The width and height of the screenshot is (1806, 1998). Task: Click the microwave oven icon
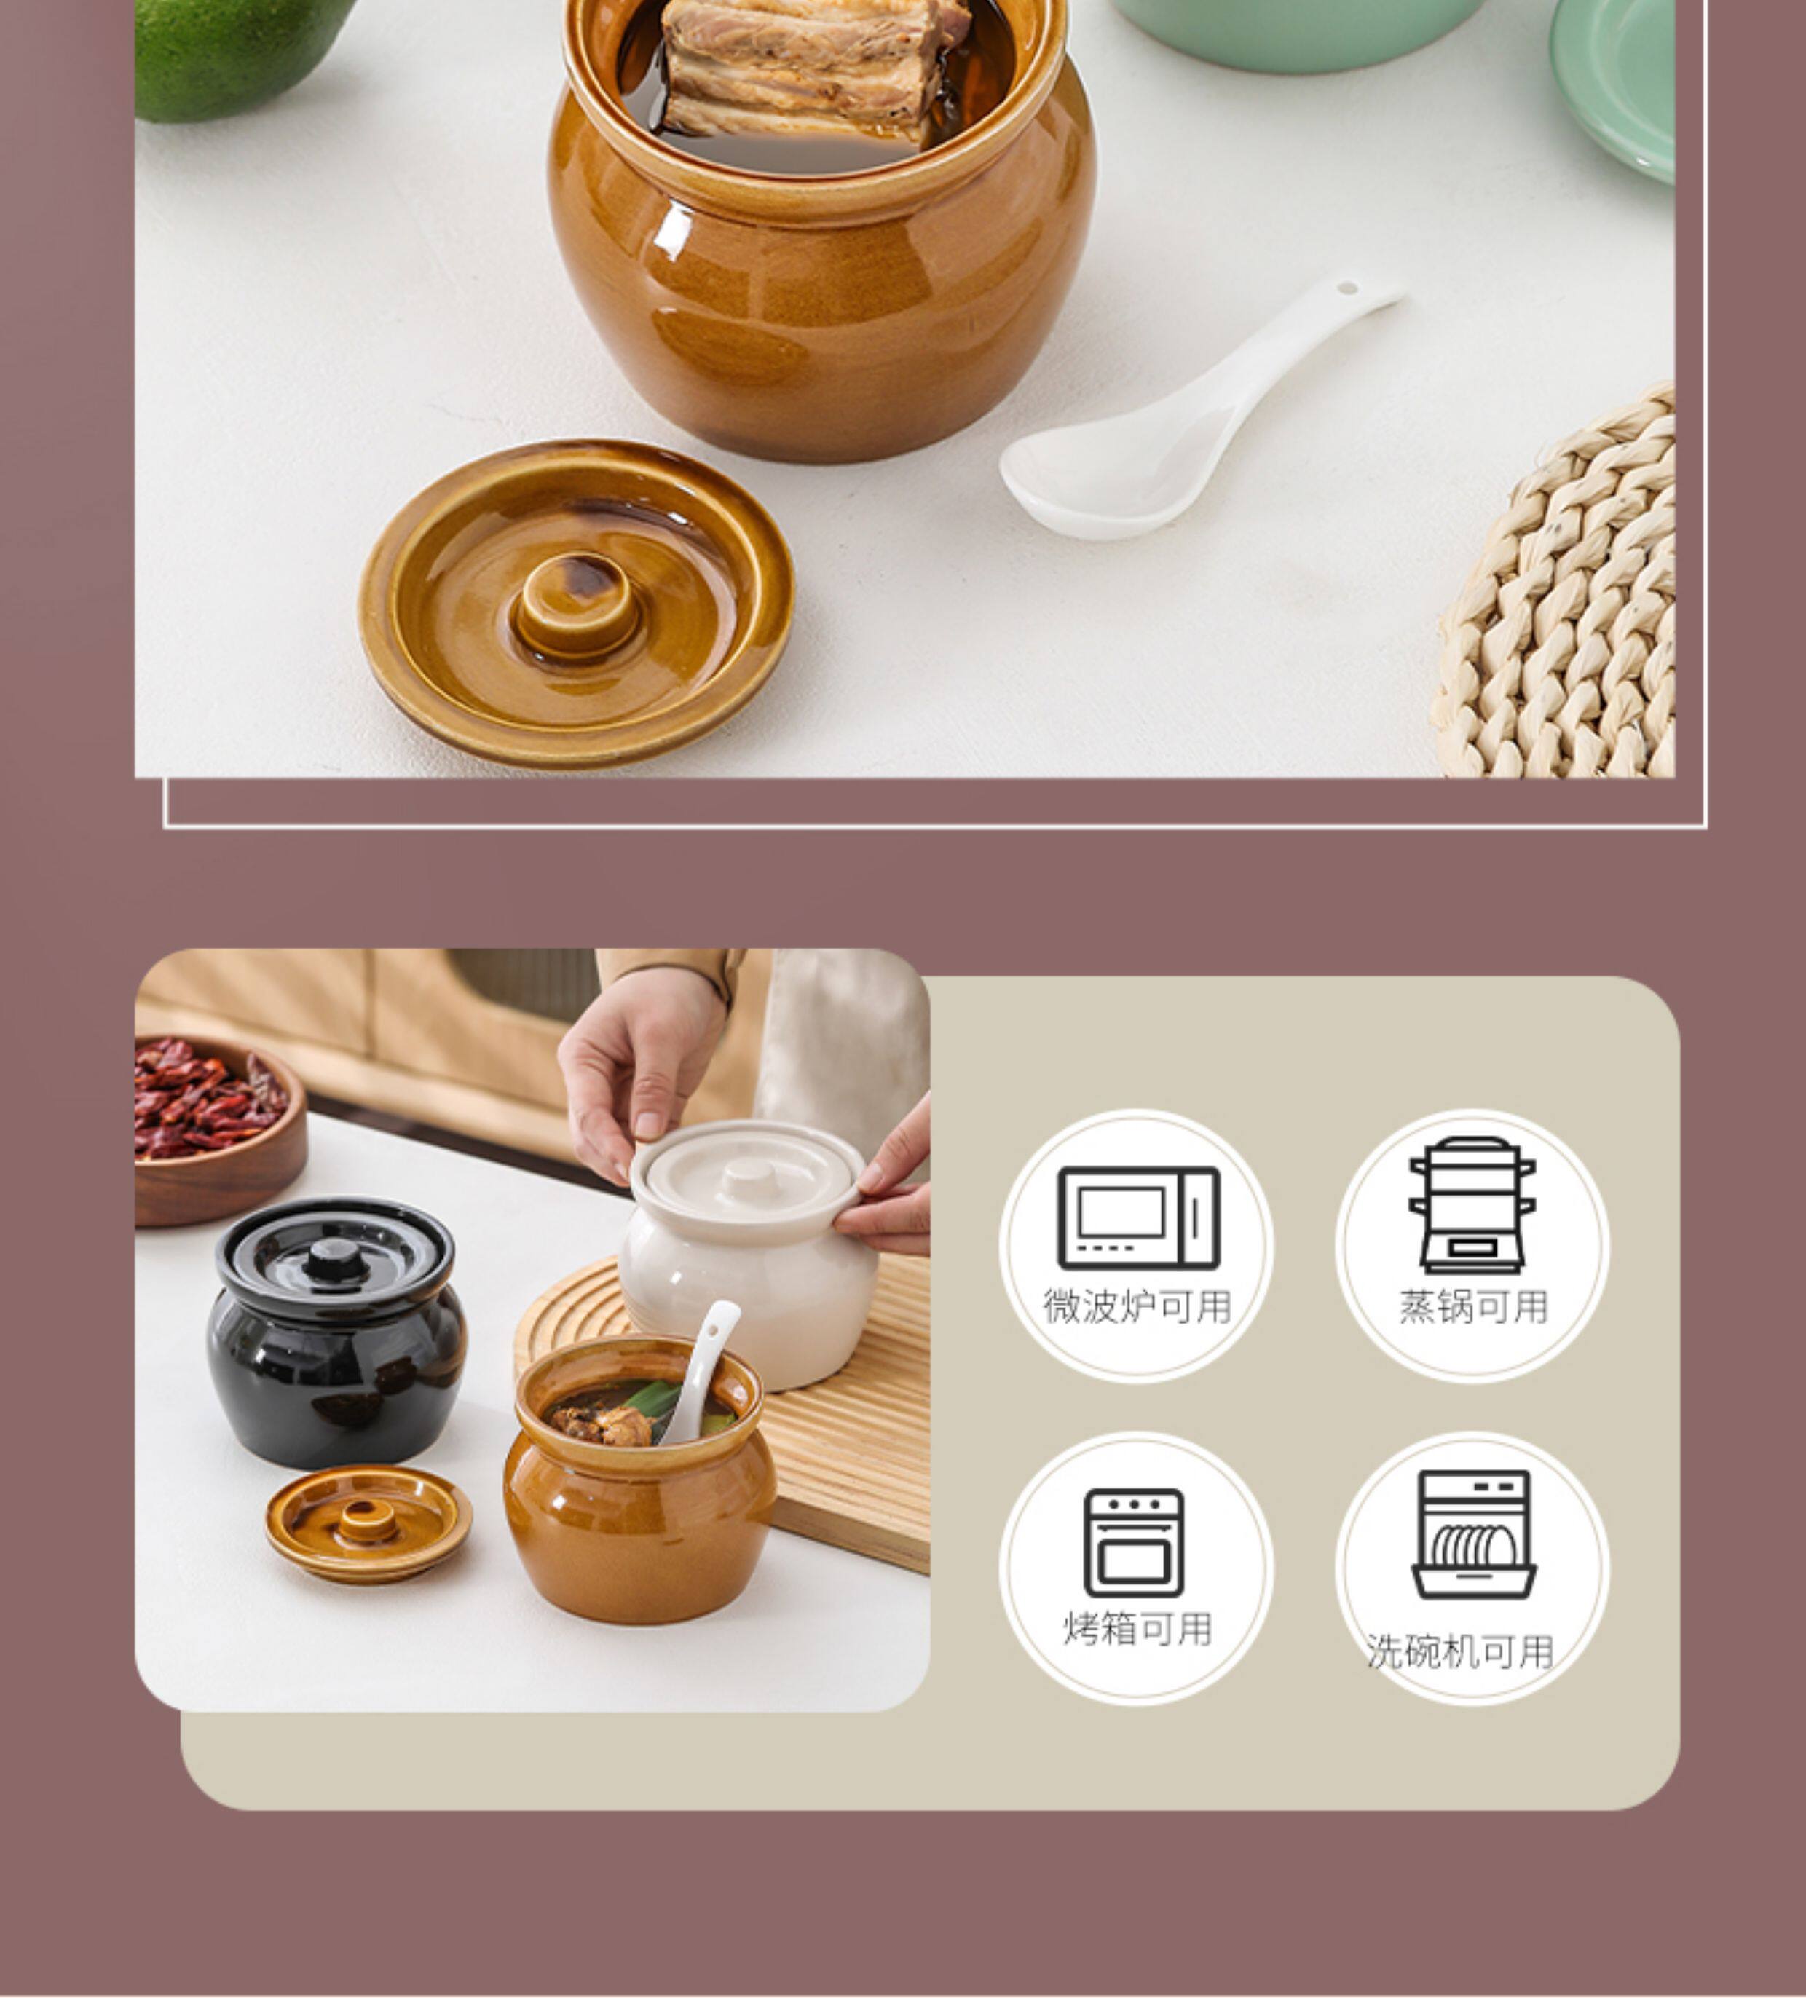(1138, 1218)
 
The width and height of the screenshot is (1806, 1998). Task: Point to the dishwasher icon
(1473, 1534)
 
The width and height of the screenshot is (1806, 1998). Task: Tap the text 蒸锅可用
(1473, 1307)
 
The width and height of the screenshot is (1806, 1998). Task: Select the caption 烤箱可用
(1138, 1628)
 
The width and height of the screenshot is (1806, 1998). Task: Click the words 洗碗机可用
(1460, 1652)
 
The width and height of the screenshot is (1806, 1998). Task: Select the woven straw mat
(1556, 595)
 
